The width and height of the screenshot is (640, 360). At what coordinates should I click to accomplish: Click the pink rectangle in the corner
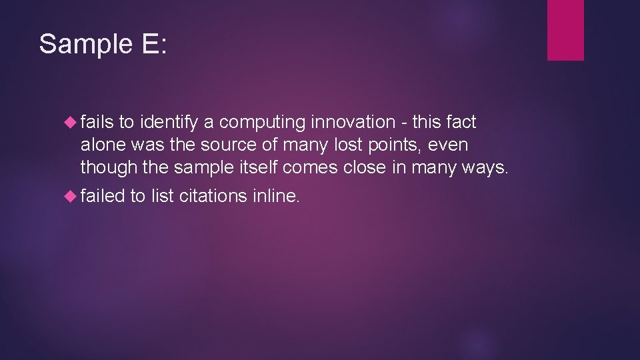[565, 30]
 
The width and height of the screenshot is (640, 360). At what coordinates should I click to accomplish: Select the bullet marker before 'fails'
[71, 123]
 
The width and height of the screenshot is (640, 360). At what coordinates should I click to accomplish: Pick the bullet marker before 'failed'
[71, 196]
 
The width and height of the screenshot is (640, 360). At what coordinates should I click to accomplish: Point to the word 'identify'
[170, 123]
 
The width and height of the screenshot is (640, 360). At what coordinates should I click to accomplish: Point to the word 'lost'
[349, 145]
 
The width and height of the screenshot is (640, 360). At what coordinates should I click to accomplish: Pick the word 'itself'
[261, 168]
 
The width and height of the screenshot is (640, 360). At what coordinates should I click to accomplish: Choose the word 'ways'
[487, 168]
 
